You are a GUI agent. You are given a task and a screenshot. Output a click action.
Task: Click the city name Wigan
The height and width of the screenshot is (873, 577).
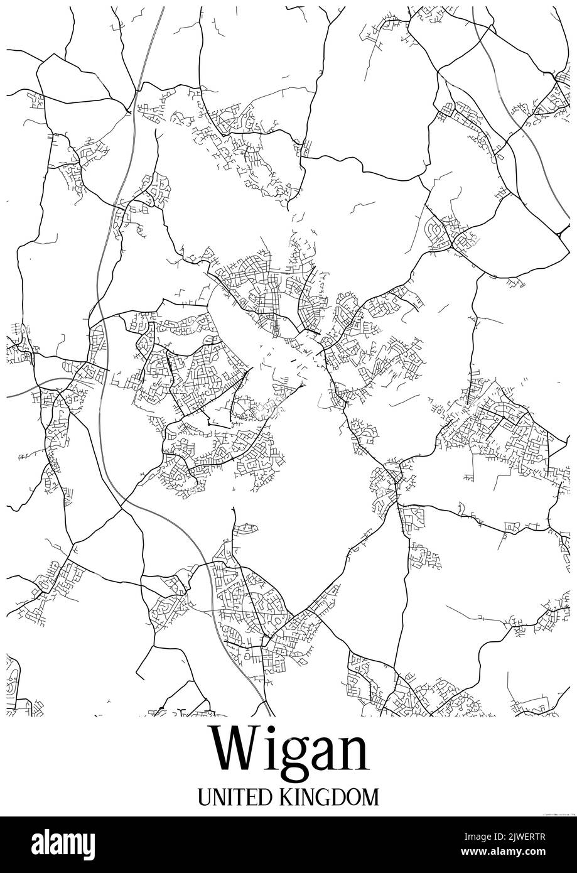pyautogui.click(x=289, y=751)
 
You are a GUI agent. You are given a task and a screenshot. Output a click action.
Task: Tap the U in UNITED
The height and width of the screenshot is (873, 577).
pyautogui.click(x=205, y=798)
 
